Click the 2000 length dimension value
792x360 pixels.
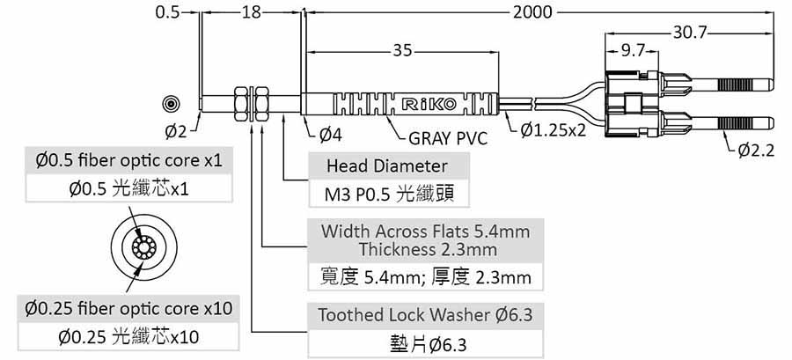click(x=533, y=12)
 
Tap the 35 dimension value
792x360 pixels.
click(x=403, y=51)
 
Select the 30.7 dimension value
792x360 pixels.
click(x=690, y=33)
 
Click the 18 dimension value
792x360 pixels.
click(x=251, y=12)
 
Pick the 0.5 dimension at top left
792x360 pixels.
click(x=167, y=12)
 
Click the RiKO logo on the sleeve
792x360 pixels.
click(x=429, y=105)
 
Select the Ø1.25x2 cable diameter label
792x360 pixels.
click(x=554, y=130)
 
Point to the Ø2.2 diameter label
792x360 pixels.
click(x=756, y=151)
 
